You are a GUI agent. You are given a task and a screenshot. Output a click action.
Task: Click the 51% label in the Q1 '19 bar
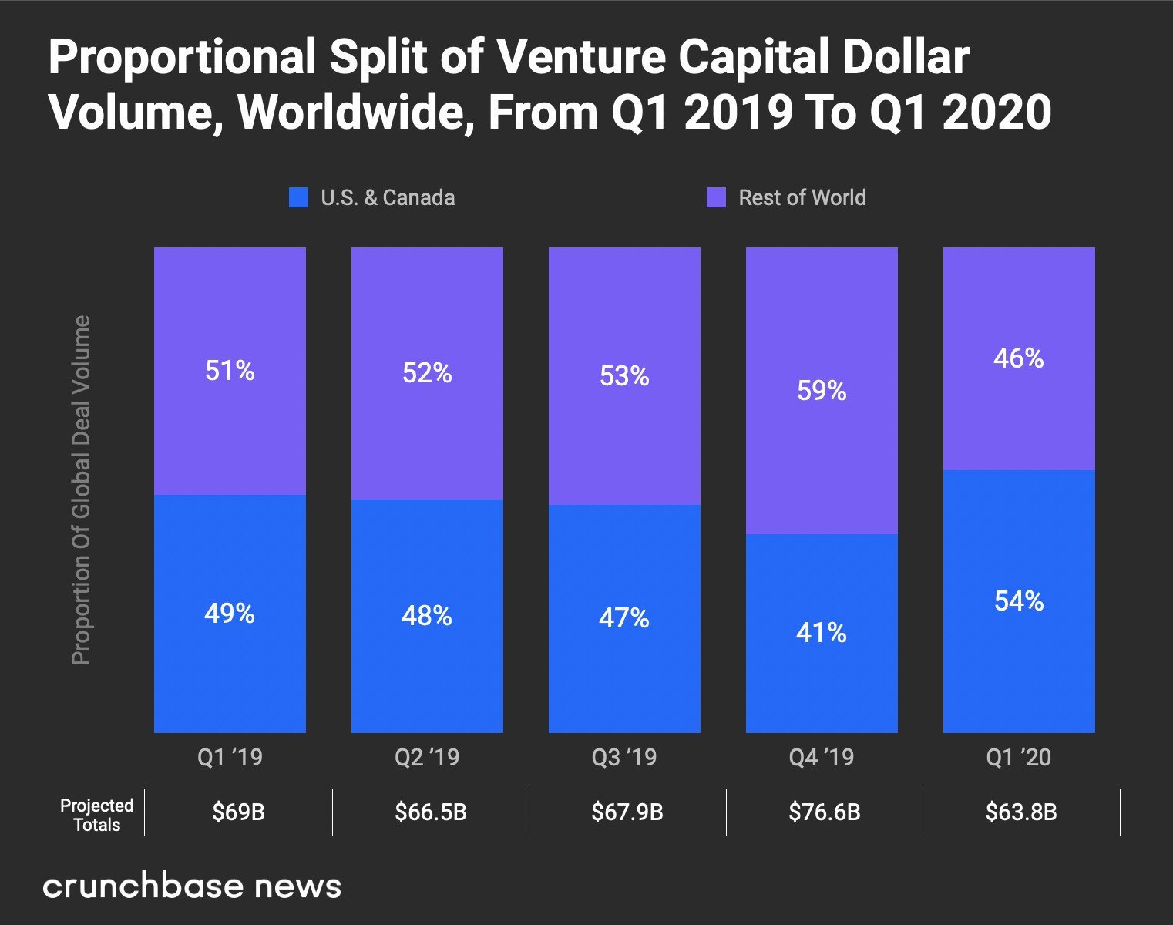[230, 371]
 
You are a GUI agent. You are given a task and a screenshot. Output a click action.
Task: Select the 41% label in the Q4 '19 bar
[822, 633]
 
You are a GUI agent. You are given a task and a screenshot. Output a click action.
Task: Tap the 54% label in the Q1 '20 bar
[1019, 600]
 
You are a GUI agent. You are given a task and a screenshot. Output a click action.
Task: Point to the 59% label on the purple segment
[822, 391]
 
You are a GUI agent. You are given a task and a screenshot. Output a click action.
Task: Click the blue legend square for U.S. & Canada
[298, 197]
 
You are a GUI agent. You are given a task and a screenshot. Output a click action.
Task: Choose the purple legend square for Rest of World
[716, 197]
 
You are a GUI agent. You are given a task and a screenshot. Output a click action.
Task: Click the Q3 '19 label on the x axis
[624, 757]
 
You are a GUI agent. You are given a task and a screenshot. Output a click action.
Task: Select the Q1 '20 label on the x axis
[1019, 757]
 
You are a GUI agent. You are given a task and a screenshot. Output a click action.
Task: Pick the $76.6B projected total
[824, 812]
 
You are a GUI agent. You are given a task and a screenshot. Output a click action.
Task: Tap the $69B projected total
[238, 812]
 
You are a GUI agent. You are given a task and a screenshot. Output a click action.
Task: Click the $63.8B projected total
[1021, 812]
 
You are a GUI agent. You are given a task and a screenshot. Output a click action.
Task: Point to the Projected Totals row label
[96, 815]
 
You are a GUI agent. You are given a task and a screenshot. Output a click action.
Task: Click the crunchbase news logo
[192, 886]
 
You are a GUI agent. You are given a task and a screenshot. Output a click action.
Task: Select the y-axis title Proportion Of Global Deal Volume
[81, 490]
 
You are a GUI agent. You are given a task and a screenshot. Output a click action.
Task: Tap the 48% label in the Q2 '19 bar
[427, 615]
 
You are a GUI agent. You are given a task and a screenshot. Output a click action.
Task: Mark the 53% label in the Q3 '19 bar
[624, 376]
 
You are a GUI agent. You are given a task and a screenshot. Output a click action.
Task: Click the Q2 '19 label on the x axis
[427, 757]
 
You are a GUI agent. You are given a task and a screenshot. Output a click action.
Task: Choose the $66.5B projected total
[431, 812]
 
